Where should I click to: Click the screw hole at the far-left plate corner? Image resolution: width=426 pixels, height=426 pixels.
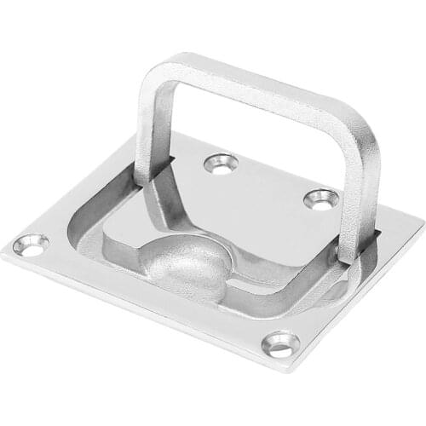(x=30, y=245)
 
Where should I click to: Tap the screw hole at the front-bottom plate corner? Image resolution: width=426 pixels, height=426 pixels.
(x=281, y=343)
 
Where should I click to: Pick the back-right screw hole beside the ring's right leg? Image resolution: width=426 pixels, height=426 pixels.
(x=321, y=199)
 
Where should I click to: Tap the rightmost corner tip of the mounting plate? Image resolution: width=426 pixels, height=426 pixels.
(x=423, y=223)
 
